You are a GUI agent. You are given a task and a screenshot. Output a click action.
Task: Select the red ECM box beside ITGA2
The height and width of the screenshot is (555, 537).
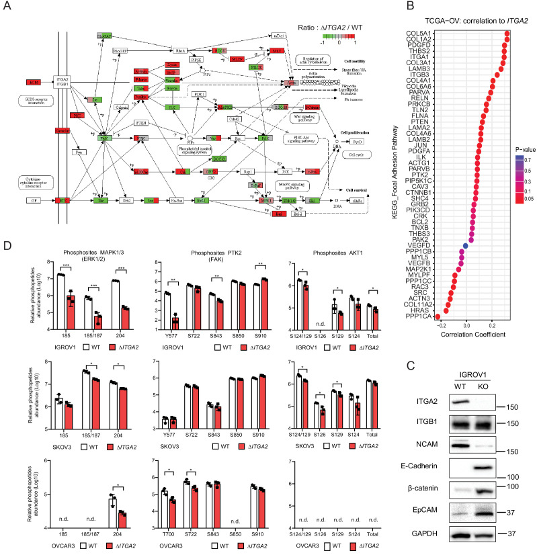(34, 82)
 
